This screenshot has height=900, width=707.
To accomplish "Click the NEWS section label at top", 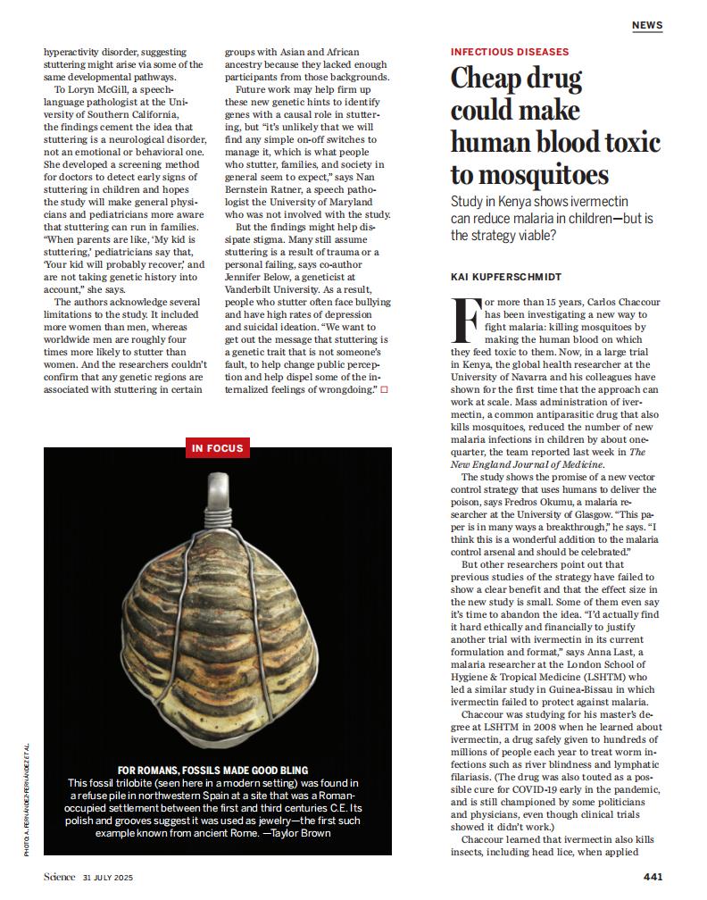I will click(x=647, y=25).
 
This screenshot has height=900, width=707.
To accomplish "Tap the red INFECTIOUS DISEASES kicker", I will click(x=510, y=52).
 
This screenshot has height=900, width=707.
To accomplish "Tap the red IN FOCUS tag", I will click(x=217, y=448).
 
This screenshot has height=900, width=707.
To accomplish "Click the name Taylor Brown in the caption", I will click(x=302, y=833).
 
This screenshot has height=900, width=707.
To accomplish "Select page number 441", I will click(x=653, y=876).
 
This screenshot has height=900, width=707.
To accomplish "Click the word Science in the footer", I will click(x=59, y=877).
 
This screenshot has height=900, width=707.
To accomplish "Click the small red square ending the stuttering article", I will click(x=385, y=390).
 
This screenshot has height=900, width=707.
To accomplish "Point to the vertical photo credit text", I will click(x=28, y=800).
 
